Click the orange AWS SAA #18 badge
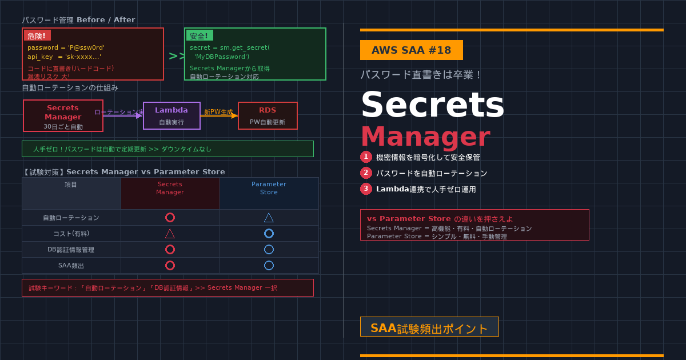[412, 50]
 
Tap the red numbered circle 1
[366, 157]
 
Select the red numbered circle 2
[366, 173]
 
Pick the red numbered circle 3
[366, 189]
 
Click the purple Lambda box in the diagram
[171, 115]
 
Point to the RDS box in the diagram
[268, 115]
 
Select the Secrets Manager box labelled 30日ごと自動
[63, 115]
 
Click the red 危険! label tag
[37, 35]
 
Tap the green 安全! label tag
[199, 35]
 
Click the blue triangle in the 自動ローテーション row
[269, 217]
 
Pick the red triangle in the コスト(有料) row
[170, 233]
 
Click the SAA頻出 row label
[71, 265]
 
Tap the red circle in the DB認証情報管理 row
[170, 249]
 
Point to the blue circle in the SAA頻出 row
[269, 265]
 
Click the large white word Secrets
[432, 105]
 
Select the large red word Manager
[425, 137]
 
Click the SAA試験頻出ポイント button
[429, 327]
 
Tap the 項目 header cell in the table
[71, 185]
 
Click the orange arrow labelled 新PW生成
[219, 115]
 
